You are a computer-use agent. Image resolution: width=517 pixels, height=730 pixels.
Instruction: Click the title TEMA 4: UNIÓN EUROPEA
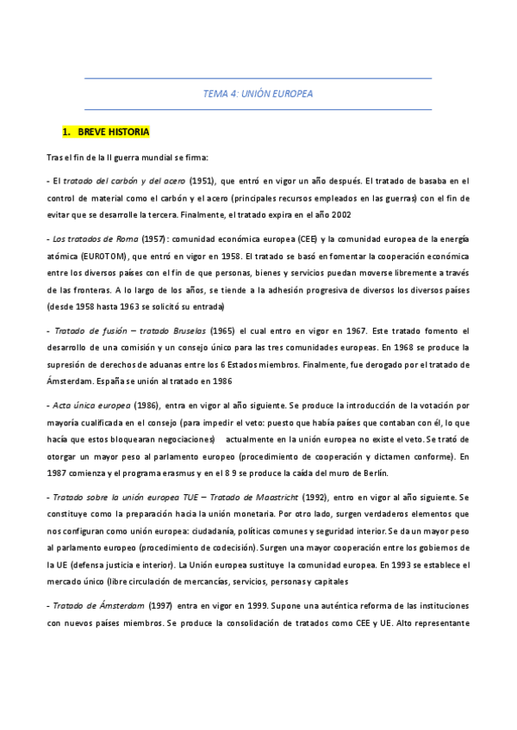[258, 94]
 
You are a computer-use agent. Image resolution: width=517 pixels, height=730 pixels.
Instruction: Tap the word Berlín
[371, 473]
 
